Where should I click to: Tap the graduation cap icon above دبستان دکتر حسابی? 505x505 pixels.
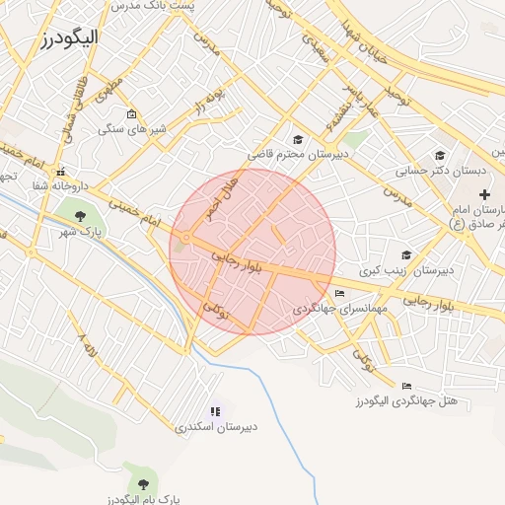tap(440, 155)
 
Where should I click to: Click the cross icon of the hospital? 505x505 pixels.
tap(484, 195)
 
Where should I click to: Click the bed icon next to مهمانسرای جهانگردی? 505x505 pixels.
tap(340, 294)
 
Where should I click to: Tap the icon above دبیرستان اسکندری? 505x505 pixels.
tap(216, 411)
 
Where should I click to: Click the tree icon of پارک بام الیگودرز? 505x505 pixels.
tap(144, 484)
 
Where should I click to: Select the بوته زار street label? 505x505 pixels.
tap(209, 101)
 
